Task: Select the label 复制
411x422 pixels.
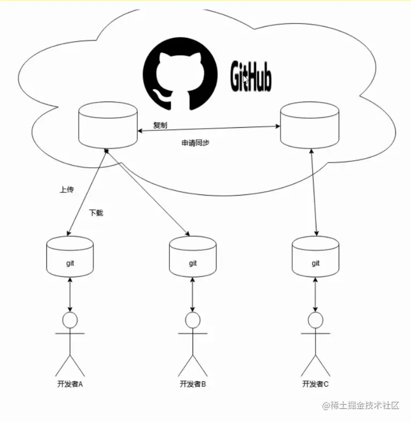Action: (160, 125)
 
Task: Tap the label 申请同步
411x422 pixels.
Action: (195, 143)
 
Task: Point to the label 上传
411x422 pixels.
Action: (66, 190)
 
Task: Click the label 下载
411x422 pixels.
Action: (96, 213)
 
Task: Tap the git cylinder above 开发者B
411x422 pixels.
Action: (192, 256)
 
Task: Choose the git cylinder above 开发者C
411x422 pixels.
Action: (315, 256)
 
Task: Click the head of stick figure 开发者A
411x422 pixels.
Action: (70, 320)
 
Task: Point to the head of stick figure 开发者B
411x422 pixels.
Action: (192, 320)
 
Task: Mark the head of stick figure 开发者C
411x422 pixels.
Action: (315, 320)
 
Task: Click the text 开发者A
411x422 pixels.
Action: (69, 384)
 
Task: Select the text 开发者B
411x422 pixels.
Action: (193, 384)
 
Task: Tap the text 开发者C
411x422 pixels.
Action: (316, 384)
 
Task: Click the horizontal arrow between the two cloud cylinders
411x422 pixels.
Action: (208, 129)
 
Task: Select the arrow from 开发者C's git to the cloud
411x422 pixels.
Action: (314, 192)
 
